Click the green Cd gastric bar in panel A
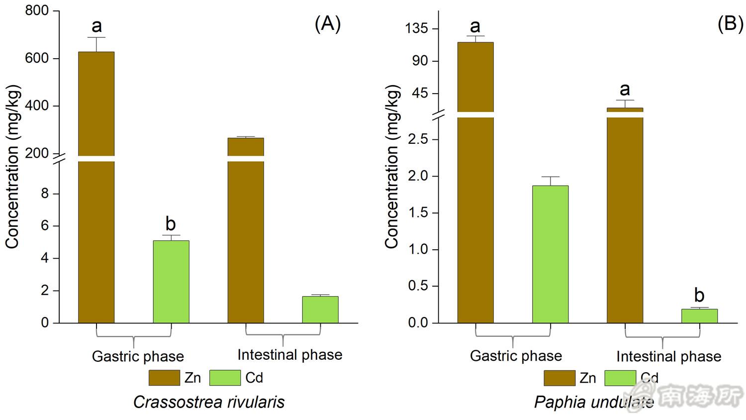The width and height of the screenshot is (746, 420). click(x=171, y=282)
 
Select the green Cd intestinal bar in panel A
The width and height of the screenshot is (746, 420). click(x=320, y=310)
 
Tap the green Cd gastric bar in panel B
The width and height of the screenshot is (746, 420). click(x=550, y=254)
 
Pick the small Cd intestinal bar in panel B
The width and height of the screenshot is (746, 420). click(x=699, y=316)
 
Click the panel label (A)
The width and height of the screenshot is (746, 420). click(x=328, y=23)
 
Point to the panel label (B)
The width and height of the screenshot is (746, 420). click(x=730, y=23)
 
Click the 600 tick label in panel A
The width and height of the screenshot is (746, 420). click(x=37, y=58)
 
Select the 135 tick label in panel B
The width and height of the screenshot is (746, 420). click(x=416, y=28)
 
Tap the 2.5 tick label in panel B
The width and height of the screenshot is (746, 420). click(x=418, y=139)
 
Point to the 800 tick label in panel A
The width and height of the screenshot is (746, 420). click(x=37, y=10)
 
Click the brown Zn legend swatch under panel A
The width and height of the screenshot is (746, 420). click(x=164, y=378)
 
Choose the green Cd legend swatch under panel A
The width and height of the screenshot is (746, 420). click(x=225, y=378)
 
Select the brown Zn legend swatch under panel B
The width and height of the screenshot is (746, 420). click(x=559, y=378)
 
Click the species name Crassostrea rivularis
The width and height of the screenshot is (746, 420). click(x=209, y=402)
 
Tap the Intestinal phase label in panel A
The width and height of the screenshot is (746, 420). click(x=289, y=355)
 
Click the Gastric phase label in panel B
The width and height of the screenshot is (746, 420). click(x=516, y=356)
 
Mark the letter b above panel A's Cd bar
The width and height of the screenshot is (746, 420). click(x=171, y=224)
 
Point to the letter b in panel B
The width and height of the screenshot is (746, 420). click(x=699, y=295)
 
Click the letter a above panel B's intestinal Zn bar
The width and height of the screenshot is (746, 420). click(x=625, y=90)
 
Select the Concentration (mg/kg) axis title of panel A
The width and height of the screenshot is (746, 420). click(x=12, y=167)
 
